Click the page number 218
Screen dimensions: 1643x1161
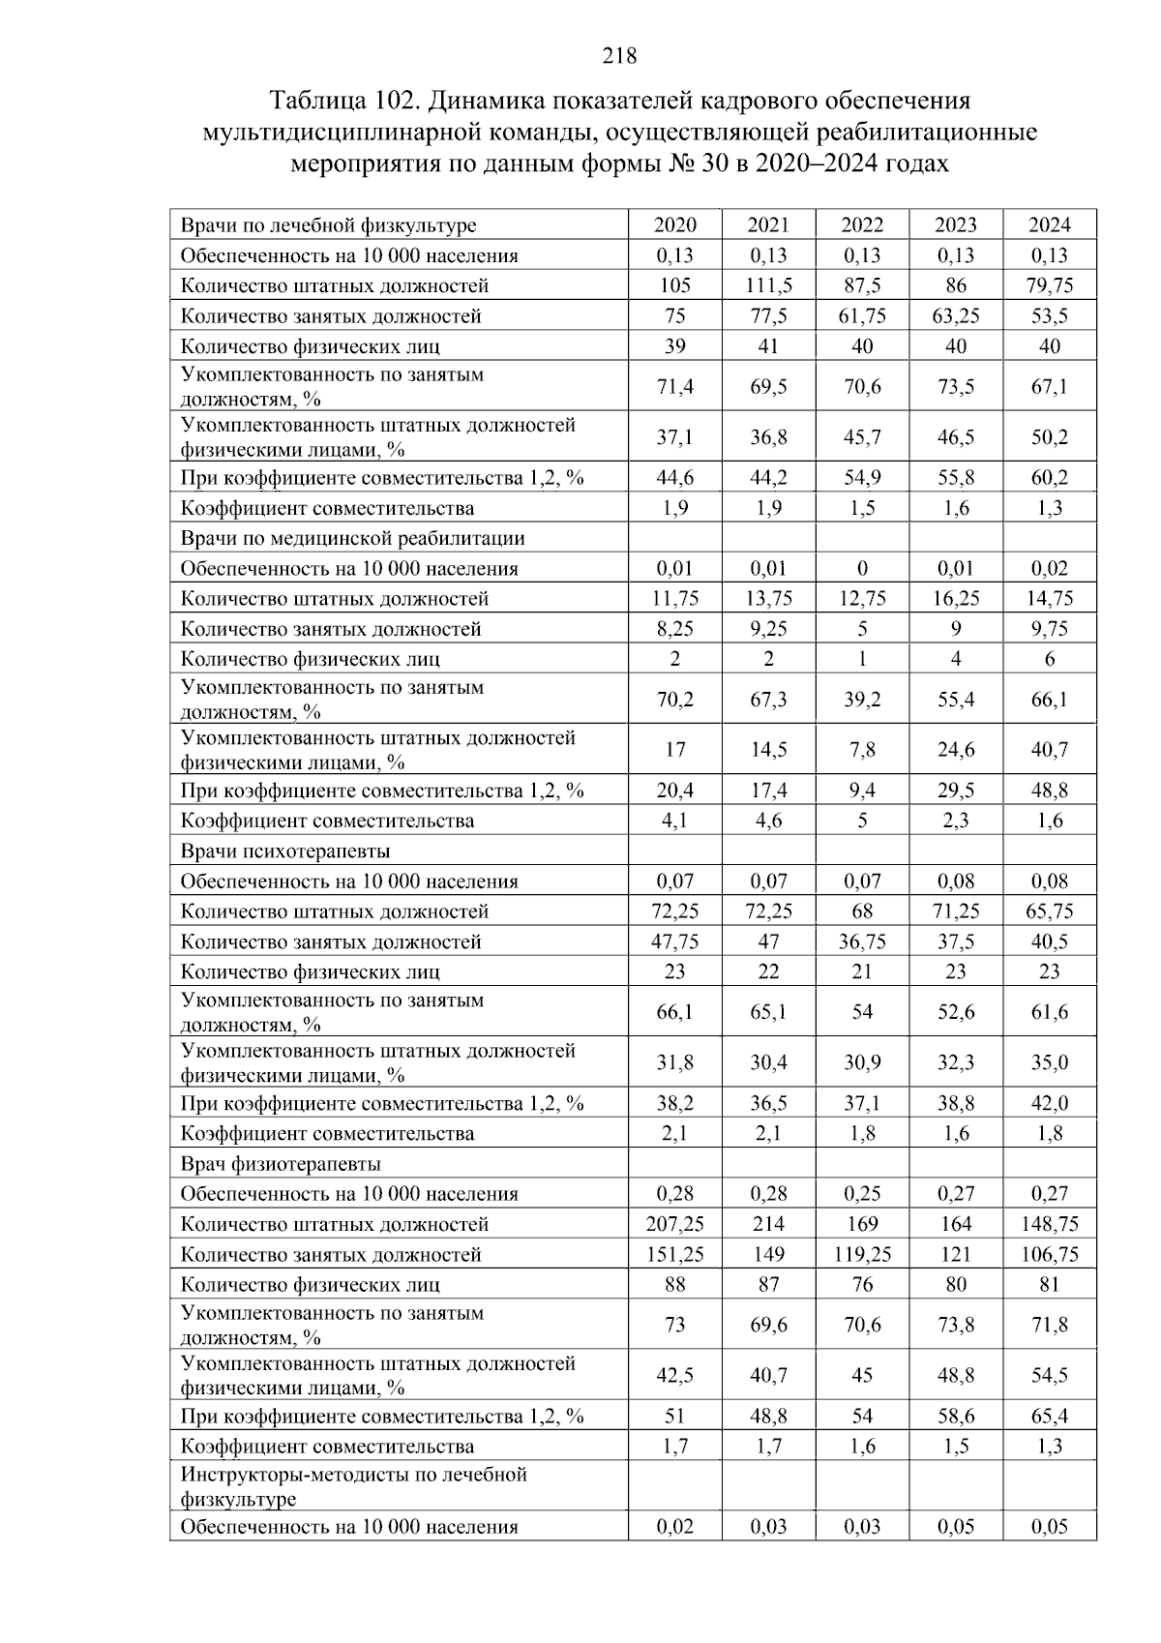pyautogui.click(x=619, y=56)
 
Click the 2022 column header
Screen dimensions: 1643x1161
pyautogui.click(x=861, y=225)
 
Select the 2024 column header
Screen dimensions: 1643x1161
pyautogui.click(x=1049, y=225)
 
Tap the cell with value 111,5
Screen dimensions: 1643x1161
pyautogui.click(x=768, y=285)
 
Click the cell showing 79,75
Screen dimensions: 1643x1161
pyautogui.click(x=1049, y=285)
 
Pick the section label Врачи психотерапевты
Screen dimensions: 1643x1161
pyautogui.click(x=285, y=851)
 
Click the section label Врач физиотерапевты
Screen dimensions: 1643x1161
pyautogui.click(x=281, y=1164)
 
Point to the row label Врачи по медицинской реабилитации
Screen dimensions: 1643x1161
pyautogui.click(x=352, y=538)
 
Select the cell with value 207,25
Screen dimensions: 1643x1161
pyautogui.click(x=674, y=1224)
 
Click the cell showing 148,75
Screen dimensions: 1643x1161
pyautogui.click(x=1049, y=1224)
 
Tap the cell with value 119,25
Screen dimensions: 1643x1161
pyautogui.click(x=861, y=1255)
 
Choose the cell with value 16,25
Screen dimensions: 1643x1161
pyautogui.click(x=955, y=599)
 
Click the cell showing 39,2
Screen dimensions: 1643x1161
pyautogui.click(x=861, y=700)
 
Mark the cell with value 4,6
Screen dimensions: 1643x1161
pyautogui.click(x=768, y=821)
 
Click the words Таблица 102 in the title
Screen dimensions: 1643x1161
pyautogui.click(x=343, y=101)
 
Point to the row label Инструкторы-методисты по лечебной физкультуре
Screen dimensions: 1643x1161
pyautogui.click(x=353, y=1487)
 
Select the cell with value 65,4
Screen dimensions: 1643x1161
pyautogui.click(x=1049, y=1417)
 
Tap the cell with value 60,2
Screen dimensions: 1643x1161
pyautogui.click(x=1049, y=478)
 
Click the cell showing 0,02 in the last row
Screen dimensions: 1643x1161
pyautogui.click(x=674, y=1527)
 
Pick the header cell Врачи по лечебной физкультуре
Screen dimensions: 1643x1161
pyautogui.click(x=328, y=225)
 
